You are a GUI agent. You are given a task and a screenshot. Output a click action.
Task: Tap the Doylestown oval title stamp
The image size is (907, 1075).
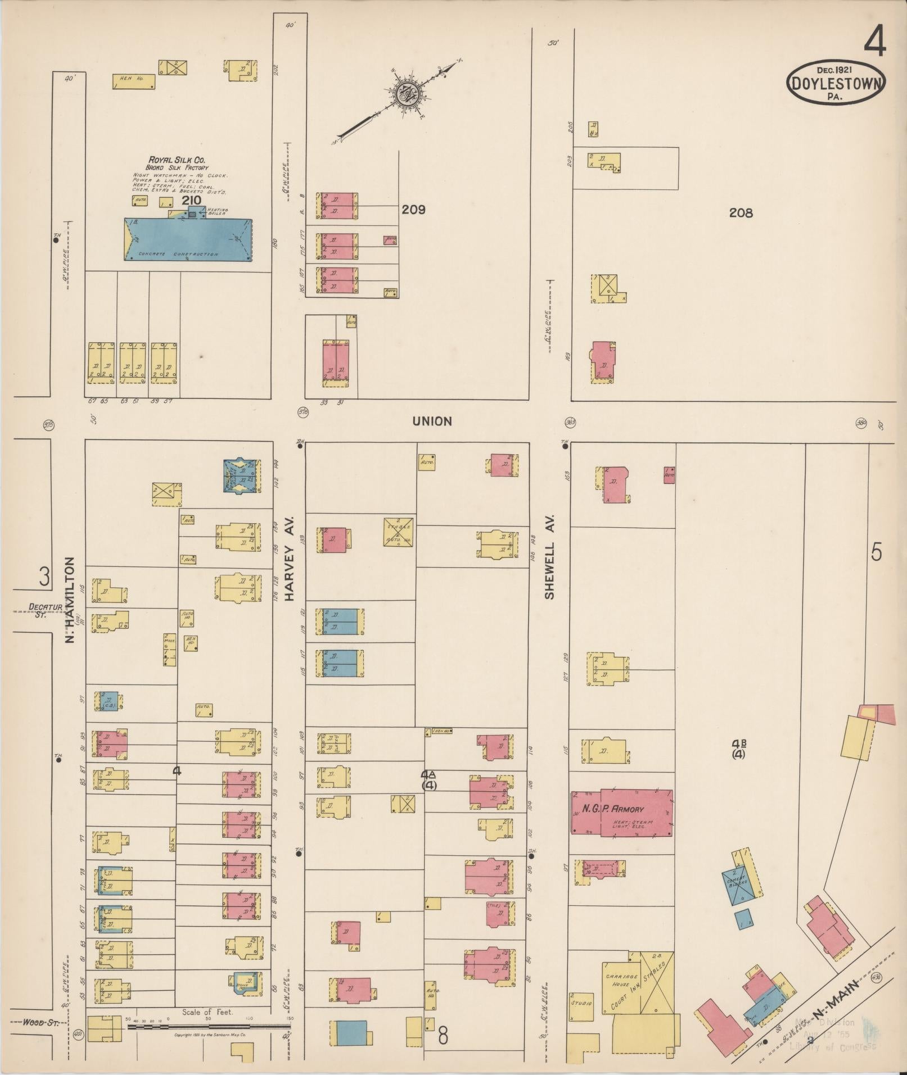[x=836, y=83]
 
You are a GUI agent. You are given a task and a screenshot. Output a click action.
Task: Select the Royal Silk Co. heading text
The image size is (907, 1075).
[x=177, y=160]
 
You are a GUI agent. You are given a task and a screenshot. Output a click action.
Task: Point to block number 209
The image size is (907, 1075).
[x=413, y=210]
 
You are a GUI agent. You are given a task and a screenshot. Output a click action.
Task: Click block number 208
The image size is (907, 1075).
[x=741, y=212]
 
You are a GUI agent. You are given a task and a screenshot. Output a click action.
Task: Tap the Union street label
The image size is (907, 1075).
[x=432, y=421]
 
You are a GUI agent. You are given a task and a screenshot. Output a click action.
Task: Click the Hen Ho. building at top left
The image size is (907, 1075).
[x=133, y=82]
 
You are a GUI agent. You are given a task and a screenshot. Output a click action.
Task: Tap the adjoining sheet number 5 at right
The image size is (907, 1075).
[x=876, y=553]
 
